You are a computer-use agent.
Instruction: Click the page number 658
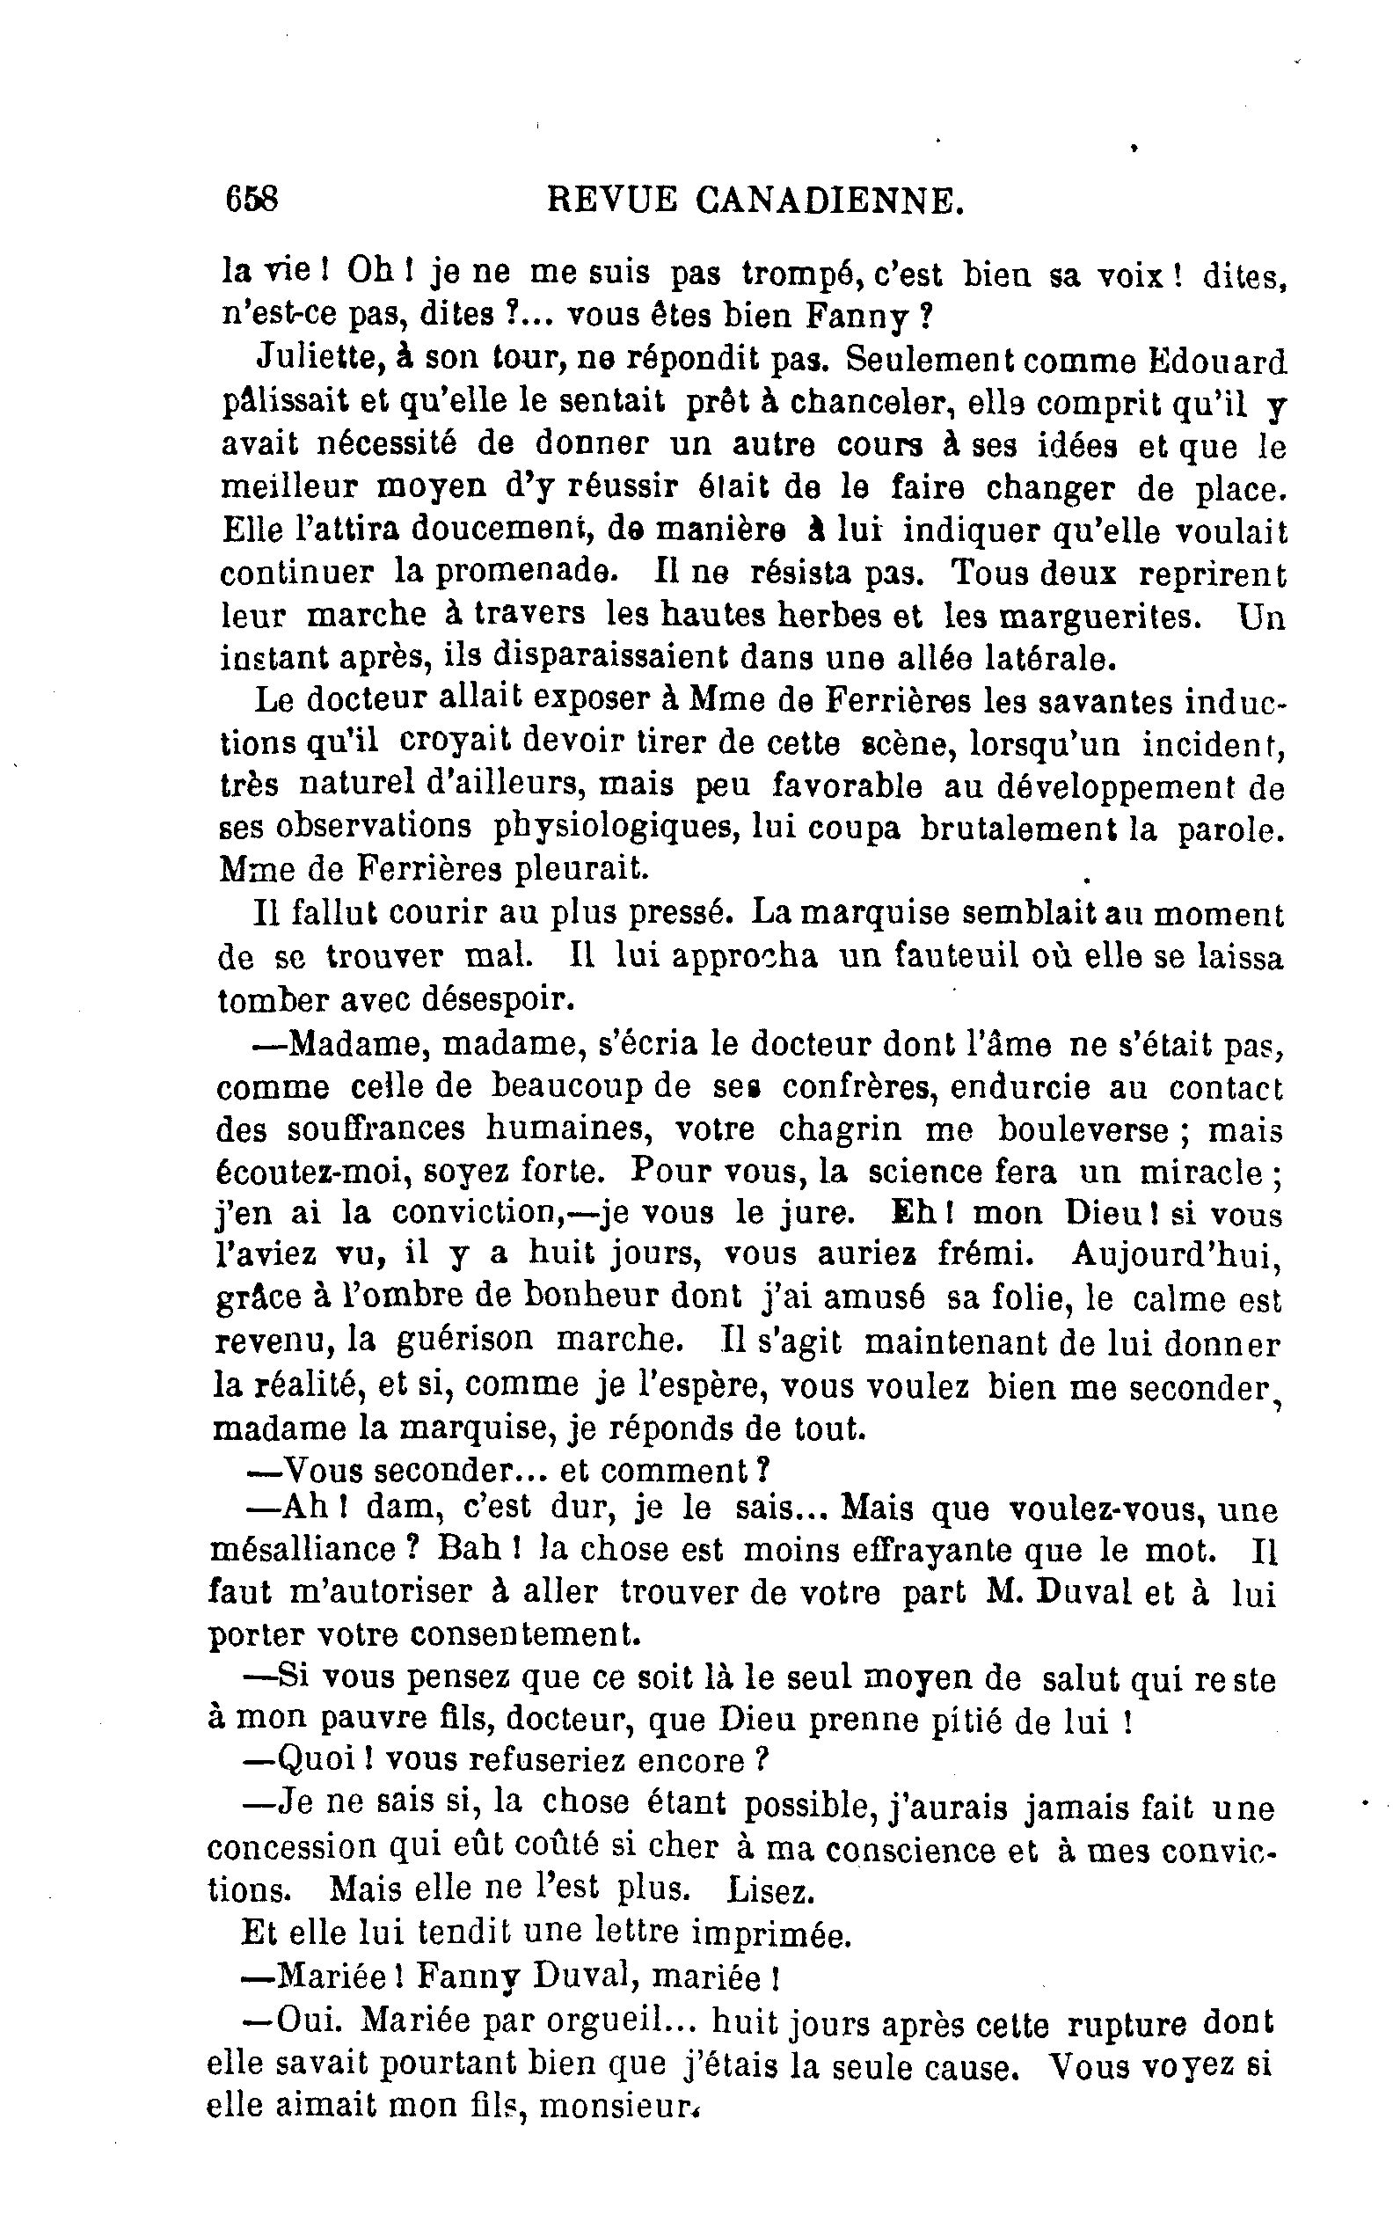pos(252,198)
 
